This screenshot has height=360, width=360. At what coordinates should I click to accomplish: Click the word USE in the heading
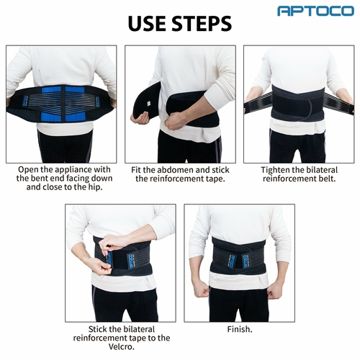(150, 23)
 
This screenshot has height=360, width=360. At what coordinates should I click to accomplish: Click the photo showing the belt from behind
(61, 104)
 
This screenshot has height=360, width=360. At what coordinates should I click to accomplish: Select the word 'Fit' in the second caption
(140, 170)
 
